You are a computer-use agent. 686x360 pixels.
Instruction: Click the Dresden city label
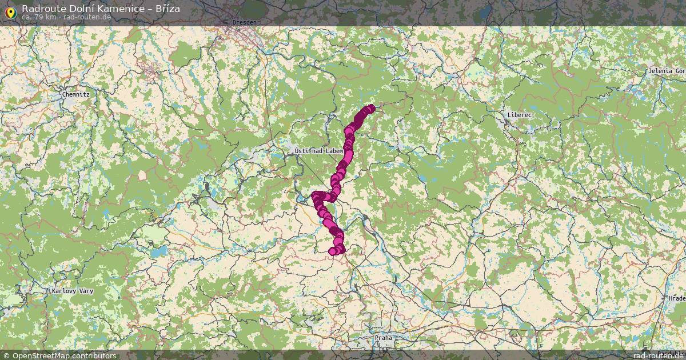click(x=244, y=22)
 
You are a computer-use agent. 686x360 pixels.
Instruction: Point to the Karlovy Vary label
click(x=72, y=291)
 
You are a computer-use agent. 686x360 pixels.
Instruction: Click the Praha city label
click(x=384, y=338)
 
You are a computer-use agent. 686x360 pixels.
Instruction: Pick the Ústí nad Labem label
click(x=318, y=151)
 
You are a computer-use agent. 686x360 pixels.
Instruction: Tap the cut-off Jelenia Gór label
click(x=667, y=71)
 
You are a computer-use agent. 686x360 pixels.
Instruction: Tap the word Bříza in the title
click(x=167, y=9)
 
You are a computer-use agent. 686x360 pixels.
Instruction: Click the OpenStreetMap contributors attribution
click(x=64, y=355)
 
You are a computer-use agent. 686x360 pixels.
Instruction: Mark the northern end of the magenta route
click(x=371, y=107)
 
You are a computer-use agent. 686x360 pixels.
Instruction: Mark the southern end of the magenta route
click(x=333, y=251)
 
